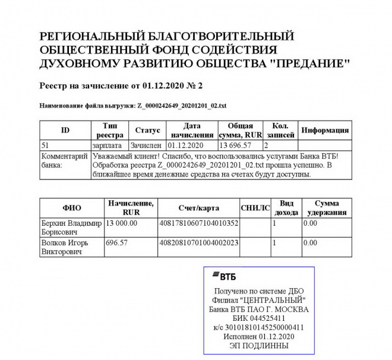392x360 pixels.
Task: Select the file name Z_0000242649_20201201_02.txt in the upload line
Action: coord(181,106)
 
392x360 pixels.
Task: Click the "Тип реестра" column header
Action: coord(110,131)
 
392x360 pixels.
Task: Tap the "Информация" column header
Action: coord(325,130)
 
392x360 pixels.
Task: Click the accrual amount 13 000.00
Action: coord(122,223)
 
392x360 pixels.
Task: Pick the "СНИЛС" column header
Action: coord(255,208)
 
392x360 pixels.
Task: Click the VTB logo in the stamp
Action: coord(225,276)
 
